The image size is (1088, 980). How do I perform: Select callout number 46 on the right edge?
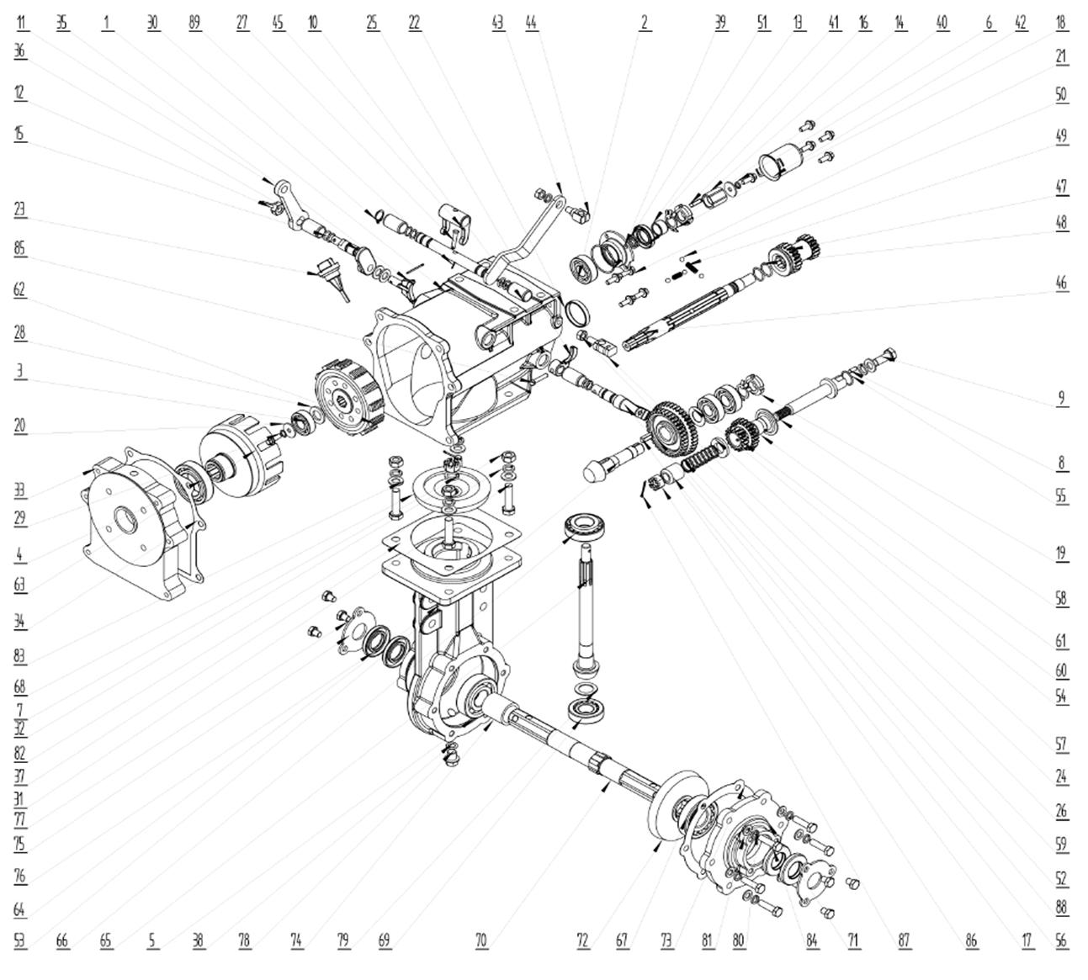click(x=1061, y=283)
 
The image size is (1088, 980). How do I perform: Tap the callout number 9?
click(x=1061, y=398)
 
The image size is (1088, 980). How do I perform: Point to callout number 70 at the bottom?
click(x=480, y=941)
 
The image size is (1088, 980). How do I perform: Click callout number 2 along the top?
click(x=645, y=24)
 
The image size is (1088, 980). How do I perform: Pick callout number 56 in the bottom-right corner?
click(x=1061, y=941)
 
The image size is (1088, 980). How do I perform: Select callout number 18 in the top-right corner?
click(x=1061, y=24)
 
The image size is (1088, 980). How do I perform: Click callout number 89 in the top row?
click(x=195, y=24)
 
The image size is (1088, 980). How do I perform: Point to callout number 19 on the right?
click(x=1061, y=554)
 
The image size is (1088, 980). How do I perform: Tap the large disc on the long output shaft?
click(x=671, y=808)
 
